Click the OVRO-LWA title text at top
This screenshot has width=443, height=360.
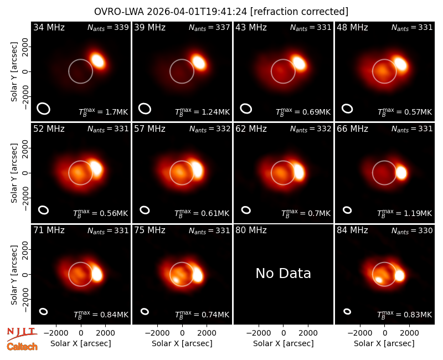221,12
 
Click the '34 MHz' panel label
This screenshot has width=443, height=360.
49,27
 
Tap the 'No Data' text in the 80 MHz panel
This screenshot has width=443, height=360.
283,273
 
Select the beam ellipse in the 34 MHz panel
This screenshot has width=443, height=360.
44,109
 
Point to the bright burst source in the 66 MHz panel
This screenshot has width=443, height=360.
401,173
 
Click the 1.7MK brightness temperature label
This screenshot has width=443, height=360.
103,112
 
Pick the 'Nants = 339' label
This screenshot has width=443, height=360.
108,27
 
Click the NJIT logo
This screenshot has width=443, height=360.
22,334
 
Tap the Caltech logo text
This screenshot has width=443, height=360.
22,347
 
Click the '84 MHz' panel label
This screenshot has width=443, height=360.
352,230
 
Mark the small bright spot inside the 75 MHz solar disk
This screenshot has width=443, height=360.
176,280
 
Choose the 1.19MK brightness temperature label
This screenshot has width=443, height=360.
405,213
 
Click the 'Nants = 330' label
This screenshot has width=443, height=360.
412,230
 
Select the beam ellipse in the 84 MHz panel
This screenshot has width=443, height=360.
347,311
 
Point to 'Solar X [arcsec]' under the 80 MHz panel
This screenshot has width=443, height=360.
284,343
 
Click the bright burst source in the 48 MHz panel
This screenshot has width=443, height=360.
400,64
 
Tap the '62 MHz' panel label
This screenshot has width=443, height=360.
251,129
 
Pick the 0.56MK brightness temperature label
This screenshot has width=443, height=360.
101,213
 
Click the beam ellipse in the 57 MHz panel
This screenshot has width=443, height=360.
145,210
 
